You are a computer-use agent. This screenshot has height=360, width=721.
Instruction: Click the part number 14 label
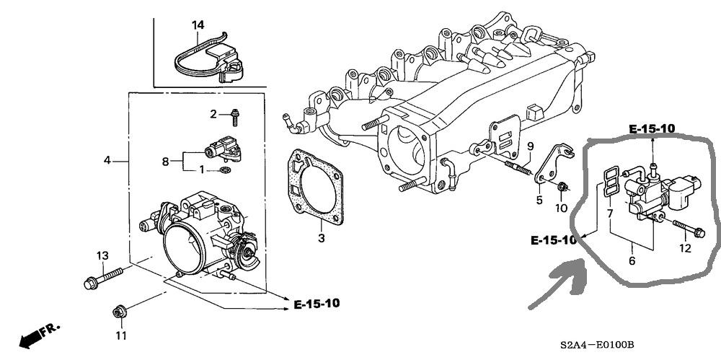point(198,25)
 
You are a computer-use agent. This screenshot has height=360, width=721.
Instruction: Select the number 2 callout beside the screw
point(213,114)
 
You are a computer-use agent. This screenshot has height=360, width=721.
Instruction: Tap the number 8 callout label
point(166,162)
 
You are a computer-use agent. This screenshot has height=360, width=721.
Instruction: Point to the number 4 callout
point(107,161)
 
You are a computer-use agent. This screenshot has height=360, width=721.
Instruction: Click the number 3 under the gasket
point(322,238)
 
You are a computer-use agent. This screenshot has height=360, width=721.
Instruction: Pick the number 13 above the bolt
point(102,256)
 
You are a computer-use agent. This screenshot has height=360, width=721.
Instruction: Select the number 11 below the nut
point(120,336)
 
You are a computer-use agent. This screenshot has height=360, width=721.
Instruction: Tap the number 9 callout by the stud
point(530,147)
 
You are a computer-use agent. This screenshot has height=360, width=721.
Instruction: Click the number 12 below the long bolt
point(685,249)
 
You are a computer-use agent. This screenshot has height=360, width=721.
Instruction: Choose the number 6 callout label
point(632,261)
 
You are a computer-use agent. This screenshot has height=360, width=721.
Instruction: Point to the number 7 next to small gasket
point(610,213)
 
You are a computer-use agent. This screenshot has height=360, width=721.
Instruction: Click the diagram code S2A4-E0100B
point(597,345)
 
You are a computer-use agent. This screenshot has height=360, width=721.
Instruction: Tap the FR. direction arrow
point(39,335)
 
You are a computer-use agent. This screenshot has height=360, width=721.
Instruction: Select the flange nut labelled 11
point(120,312)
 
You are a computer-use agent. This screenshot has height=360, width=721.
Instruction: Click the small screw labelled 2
point(236,117)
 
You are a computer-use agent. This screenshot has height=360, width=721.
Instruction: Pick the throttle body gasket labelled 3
point(317,188)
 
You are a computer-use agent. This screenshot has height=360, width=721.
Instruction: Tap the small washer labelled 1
point(225,171)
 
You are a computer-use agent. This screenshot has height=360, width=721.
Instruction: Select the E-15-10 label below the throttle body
point(317,304)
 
